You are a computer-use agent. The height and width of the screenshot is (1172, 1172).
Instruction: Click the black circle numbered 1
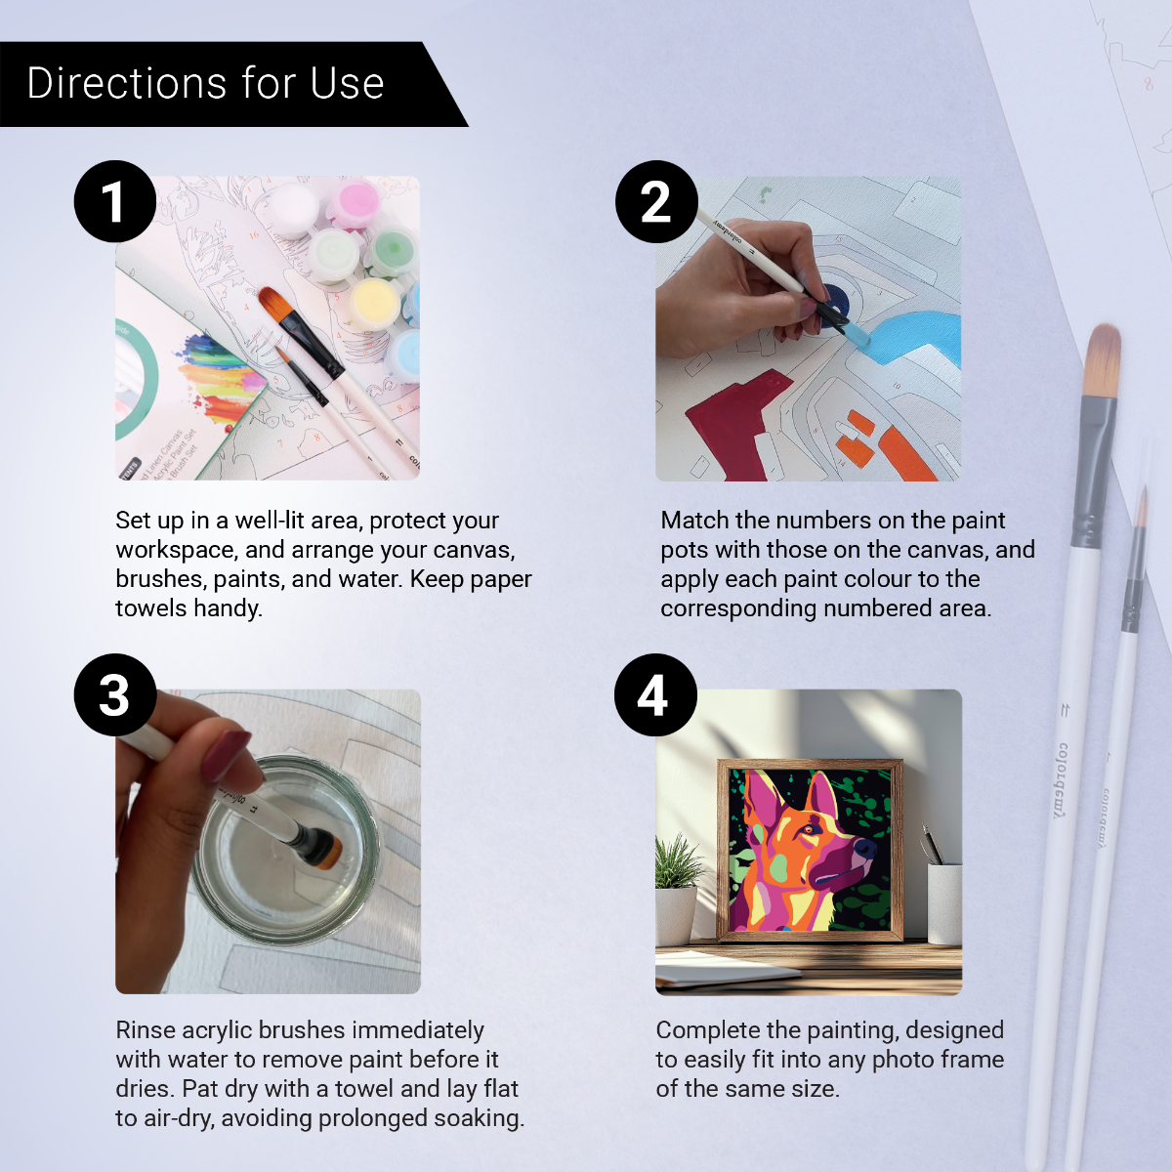pyautogui.click(x=115, y=201)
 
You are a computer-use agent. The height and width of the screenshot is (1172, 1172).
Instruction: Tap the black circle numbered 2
pyautogui.click(x=656, y=201)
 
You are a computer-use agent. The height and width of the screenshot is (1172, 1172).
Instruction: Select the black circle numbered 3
pyautogui.click(x=115, y=694)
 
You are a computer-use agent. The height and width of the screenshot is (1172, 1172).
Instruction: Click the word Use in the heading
pyautogui.click(x=347, y=84)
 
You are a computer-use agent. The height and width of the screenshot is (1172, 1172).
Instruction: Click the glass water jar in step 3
pyautogui.click(x=283, y=850)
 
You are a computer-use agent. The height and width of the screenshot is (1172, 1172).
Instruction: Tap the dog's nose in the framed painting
pyautogui.click(x=863, y=848)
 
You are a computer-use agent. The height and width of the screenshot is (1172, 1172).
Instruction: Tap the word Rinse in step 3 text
pyautogui.click(x=146, y=1030)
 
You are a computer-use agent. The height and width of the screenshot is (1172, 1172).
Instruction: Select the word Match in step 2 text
pyautogui.click(x=694, y=521)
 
